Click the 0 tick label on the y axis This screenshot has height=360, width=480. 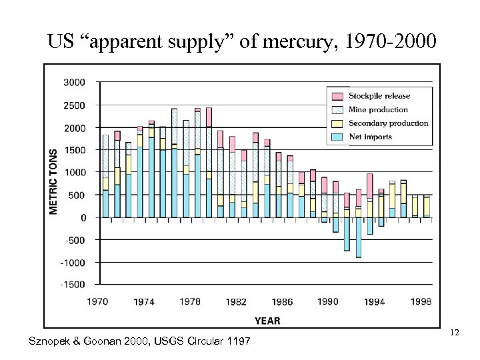coord(83,217)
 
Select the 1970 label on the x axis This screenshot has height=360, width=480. coord(97,302)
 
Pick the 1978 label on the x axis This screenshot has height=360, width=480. coord(190,302)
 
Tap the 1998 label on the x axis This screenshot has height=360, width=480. coord(421,302)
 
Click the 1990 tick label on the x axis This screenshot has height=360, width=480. coord(328,302)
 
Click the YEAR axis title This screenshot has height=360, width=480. coord(267,321)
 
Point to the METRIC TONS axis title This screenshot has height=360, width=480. coord(53,181)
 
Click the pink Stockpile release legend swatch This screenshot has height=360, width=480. coord(337,95)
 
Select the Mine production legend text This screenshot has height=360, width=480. coord(379,109)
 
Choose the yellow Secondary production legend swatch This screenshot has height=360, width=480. coord(337,123)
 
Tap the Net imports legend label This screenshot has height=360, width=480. coord(370,137)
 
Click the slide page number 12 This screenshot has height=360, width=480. coord(455,332)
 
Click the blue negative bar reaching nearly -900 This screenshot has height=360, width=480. coord(358,237)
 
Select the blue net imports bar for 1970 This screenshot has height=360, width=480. coord(105,204)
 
